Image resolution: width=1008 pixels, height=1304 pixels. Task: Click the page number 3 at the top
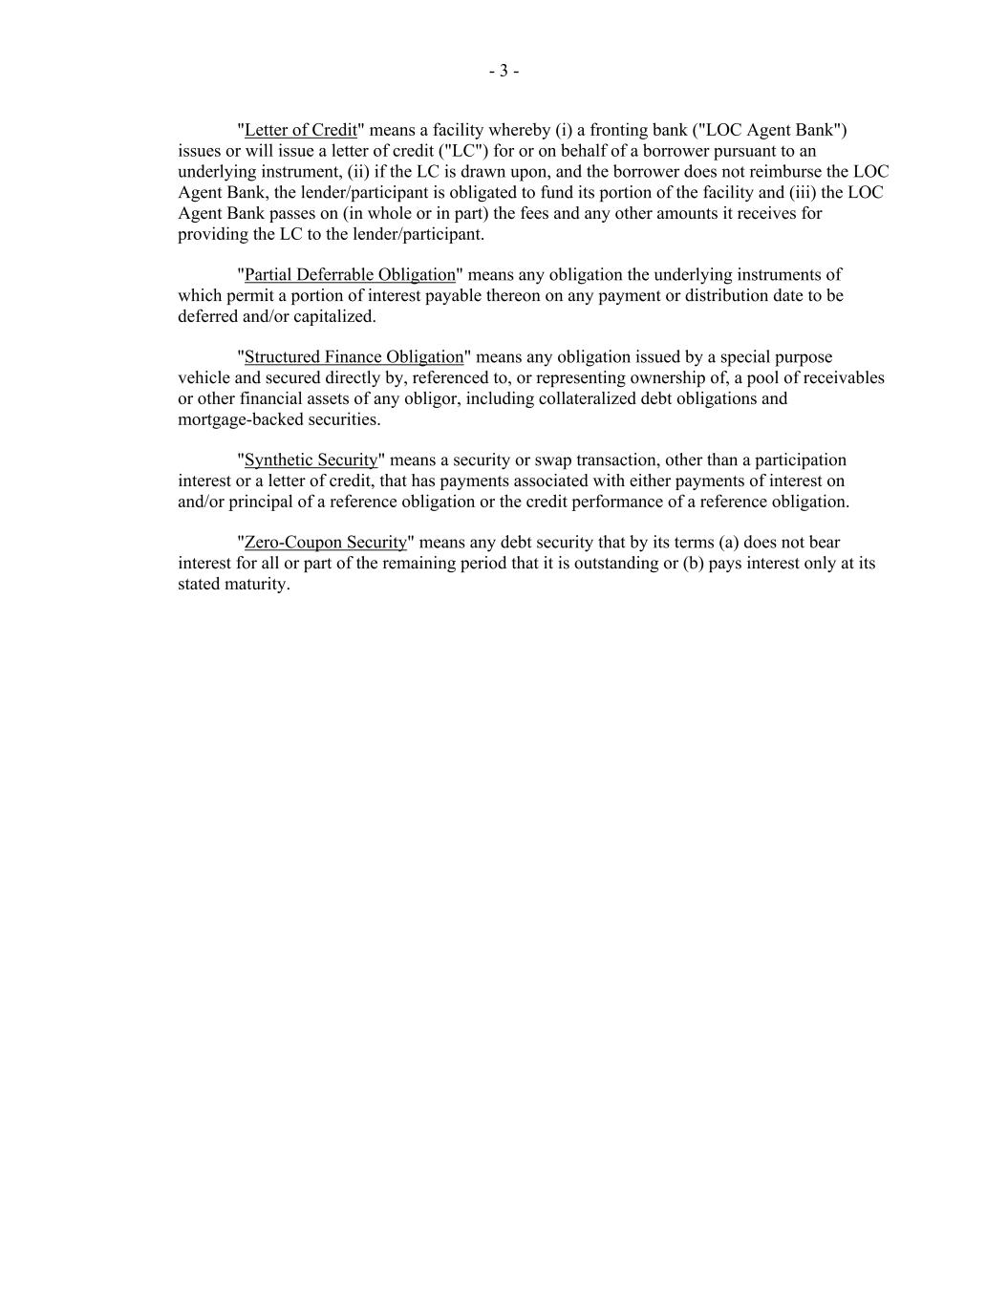click(x=504, y=71)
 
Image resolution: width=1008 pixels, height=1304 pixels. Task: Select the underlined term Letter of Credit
click(x=300, y=130)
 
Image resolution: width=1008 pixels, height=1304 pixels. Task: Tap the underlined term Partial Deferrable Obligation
click(x=350, y=275)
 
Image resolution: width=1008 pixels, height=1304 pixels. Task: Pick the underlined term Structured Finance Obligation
click(x=354, y=357)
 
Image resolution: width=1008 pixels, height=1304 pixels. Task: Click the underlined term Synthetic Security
click(x=311, y=460)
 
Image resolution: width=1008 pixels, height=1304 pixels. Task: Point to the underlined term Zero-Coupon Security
click(x=325, y=543)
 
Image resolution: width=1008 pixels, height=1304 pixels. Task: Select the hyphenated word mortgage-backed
click(x=239, y=419)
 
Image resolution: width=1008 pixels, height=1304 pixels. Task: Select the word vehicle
click(x=204, y=378)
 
